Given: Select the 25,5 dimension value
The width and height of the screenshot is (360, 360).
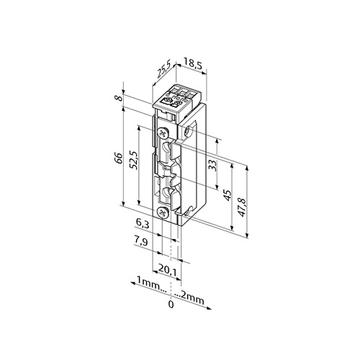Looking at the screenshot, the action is click(x=163, y=69).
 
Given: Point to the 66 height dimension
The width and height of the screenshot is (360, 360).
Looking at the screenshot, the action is click(x=120, y=158).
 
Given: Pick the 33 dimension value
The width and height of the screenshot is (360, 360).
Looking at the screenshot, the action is click(x=212, y=166).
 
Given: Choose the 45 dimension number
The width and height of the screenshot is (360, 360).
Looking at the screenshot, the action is click(x=227, y=195).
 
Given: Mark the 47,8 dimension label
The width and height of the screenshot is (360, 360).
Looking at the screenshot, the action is click(x=243, y=207).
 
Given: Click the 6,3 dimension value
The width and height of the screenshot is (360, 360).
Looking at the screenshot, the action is click(x=143, y=225).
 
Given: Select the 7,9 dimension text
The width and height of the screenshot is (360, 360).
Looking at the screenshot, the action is click(x=141, y=242).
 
